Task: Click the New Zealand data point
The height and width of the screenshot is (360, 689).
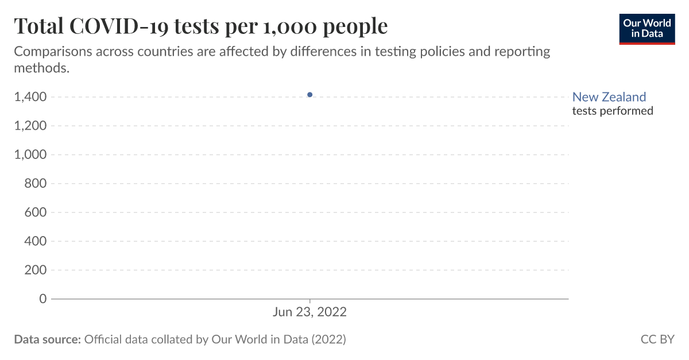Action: point(309,95)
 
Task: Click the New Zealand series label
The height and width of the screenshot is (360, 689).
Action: point(609,97)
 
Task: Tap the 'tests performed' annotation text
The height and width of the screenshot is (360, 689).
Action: point(613,111)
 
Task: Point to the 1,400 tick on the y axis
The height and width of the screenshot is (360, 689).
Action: point(30,97)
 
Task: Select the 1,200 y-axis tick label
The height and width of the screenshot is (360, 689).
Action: point(30,126)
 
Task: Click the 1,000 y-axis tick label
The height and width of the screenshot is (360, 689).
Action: point(30,155)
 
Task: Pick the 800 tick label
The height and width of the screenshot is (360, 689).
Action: point(35,184)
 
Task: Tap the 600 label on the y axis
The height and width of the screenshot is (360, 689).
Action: point(35,212)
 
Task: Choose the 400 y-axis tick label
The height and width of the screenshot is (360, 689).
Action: point(35,241)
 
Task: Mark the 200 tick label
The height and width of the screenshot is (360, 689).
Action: point(35,270)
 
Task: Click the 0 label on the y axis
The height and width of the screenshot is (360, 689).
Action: point(42,299)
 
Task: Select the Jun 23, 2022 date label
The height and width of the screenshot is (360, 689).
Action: point(309,312)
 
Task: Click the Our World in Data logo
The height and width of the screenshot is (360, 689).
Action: point(647,28)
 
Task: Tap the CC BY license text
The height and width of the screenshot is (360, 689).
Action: point(657,339)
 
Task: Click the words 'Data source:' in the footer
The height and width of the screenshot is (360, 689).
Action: point(47,339)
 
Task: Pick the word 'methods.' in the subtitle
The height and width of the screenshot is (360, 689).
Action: point(41,67)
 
